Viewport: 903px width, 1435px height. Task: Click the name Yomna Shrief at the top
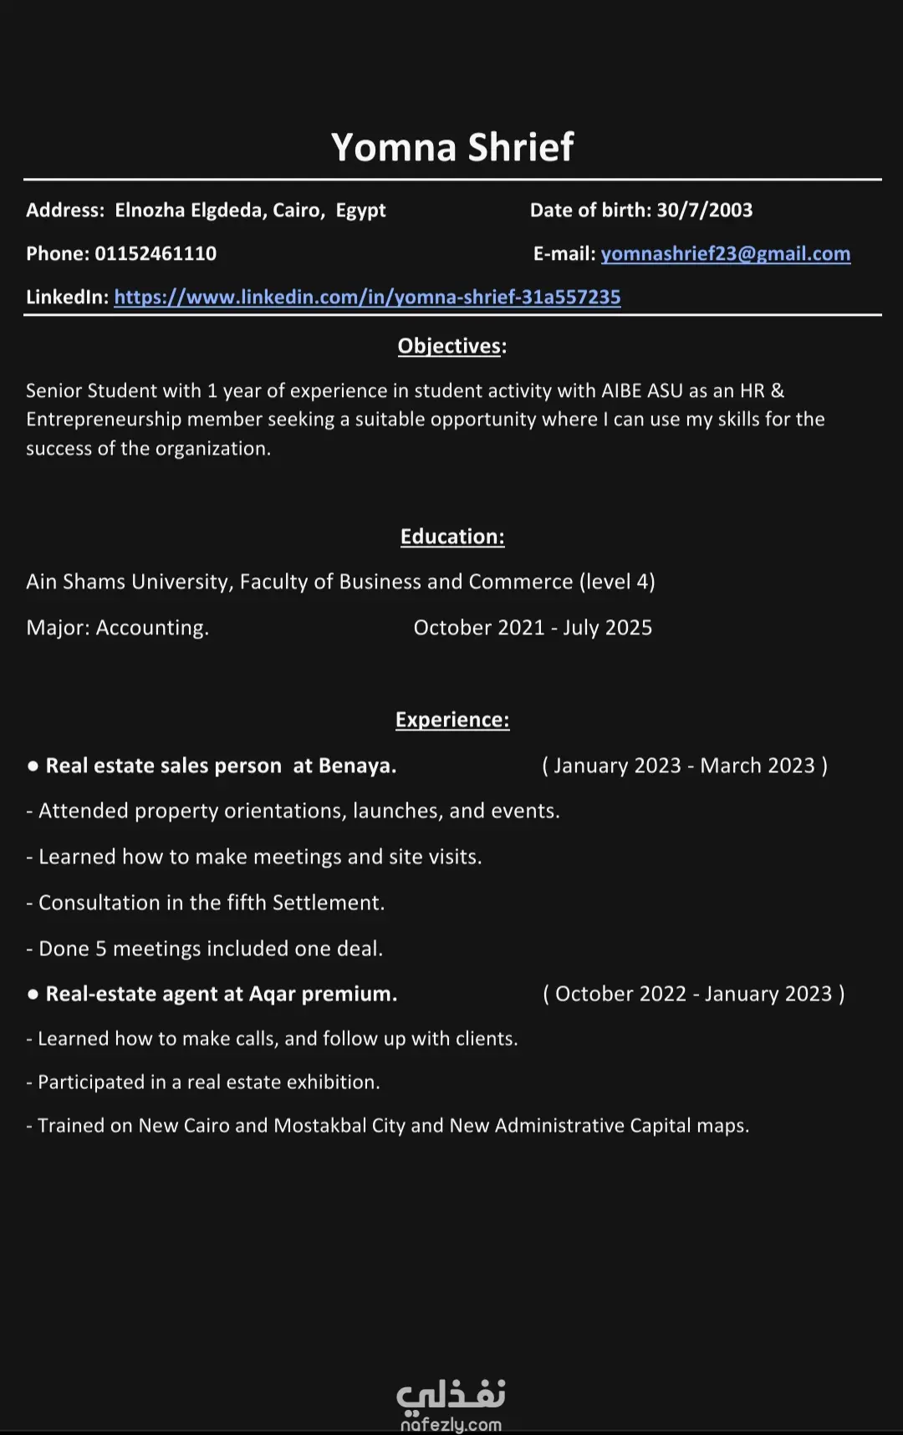click(x=451, y=147)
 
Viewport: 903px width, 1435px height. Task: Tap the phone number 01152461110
click(x=156, y=253)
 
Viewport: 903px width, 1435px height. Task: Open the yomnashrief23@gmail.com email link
click(x=725, y=253)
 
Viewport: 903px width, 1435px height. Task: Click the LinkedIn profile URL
click(x=367, y=297)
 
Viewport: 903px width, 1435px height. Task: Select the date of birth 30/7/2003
click(x=704, y=210)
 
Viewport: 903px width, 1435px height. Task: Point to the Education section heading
click(x=451, y=537)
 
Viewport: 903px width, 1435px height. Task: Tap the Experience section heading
click(x=451, y=720)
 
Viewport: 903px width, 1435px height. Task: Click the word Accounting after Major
click(x=151, y=628)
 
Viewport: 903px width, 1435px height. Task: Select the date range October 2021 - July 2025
click(x=533, y=628)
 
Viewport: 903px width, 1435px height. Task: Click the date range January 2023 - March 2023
click(x=684, y=766)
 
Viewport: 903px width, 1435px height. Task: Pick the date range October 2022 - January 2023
click(x=693, y=994)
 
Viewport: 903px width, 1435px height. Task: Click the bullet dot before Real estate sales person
click(x=33, y=766)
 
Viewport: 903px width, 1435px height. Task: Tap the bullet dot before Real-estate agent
click(x=33, y=995)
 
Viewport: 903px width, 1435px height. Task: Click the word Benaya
click(x=356, y=766)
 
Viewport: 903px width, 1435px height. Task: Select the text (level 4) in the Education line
click(x=617, y=582)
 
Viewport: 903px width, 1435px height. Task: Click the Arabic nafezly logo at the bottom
click(x=451, y=1394)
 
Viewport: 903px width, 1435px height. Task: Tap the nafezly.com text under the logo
click(x=451, y=1424)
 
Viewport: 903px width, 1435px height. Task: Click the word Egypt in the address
click(x=360, y=210)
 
